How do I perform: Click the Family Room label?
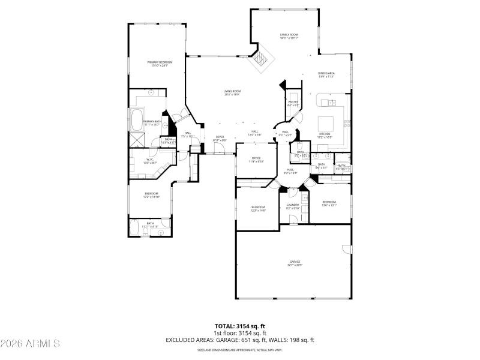[x=289, y=36]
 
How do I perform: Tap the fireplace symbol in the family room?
[x=262, y=59]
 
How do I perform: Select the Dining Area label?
[x=326, y=74]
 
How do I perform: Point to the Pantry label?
[x=293, y=103]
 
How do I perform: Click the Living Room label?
[x=232, y=92]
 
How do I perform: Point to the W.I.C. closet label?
[x=151, y=161]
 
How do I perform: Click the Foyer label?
[x=220, y=138]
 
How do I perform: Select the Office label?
[x=256, y=160]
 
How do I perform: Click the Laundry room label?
[x=293, y=206]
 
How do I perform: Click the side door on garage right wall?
[x=346, y=249]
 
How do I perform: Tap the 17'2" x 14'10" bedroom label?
[x=151, y=195]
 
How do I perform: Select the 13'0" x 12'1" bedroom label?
[x=329, y=203]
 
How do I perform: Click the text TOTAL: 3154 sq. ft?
[x=239, y=326]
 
